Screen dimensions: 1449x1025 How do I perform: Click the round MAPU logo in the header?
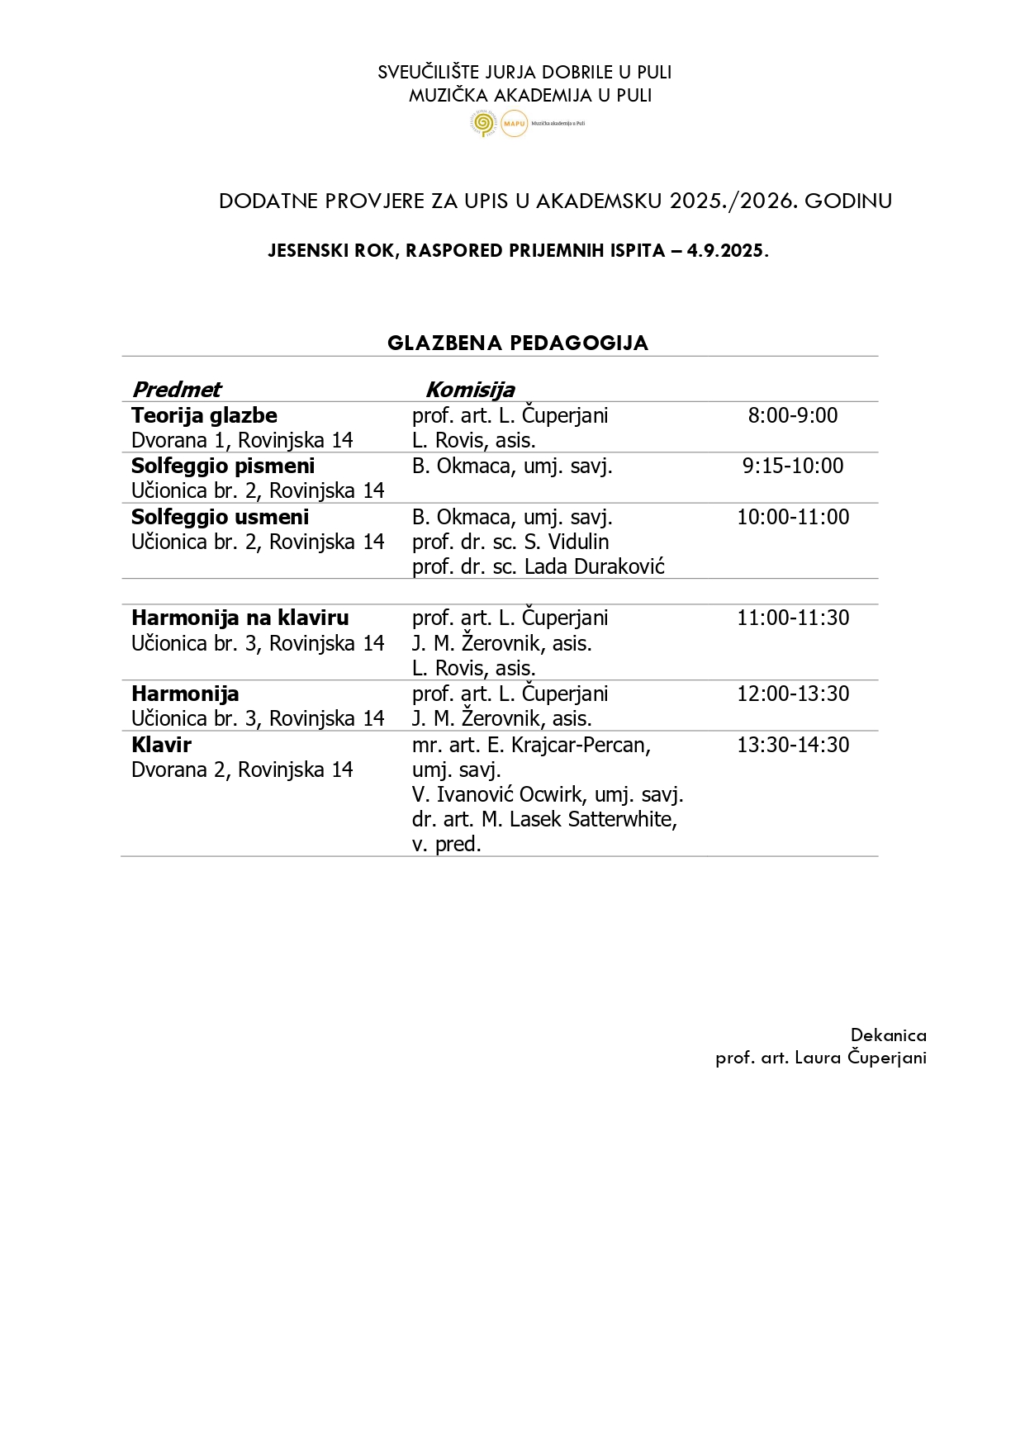514,123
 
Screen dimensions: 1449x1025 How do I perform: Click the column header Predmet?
177,390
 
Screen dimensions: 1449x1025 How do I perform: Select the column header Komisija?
469,390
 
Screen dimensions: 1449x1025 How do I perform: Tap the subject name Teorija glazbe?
204,415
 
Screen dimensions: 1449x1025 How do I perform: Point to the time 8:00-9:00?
792,415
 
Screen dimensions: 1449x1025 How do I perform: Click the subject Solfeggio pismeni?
223,466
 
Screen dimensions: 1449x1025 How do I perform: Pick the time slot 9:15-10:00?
792,466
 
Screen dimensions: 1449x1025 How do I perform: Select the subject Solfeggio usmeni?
220,517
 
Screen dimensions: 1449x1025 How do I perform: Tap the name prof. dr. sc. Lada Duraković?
538,567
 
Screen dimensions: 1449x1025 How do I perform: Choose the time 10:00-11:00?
792,517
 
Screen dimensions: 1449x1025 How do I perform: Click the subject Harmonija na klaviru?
240,618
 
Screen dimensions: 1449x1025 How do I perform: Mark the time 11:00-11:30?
792,618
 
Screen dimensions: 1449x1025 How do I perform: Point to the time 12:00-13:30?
792,694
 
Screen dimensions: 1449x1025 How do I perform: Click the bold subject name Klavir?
161,745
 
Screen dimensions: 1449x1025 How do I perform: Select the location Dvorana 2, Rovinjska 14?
242,769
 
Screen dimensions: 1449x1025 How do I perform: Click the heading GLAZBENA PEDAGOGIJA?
518,343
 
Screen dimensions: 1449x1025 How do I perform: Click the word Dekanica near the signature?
888,1035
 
